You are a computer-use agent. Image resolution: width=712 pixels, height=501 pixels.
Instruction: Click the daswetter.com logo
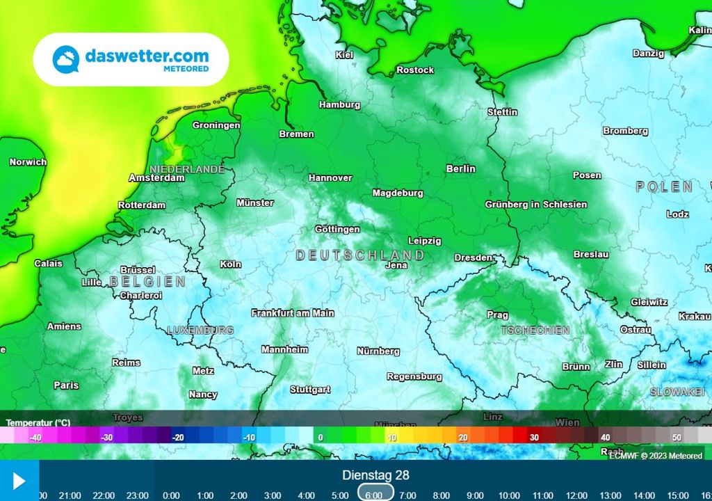click(x=131, y=59)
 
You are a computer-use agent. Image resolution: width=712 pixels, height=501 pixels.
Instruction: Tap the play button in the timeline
click(x=19, y=481)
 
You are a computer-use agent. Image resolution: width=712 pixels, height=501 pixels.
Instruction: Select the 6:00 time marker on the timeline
click(x=373, y=495)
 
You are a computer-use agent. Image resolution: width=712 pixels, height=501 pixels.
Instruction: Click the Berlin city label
click(x=460, y=168)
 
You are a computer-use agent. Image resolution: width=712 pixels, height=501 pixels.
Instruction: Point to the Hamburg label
click(x=339, y=105)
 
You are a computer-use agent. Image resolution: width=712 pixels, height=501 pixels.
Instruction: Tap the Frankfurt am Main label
click(x=293, y=313)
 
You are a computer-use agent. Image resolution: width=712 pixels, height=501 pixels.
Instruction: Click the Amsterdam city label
click(x=156, y=178)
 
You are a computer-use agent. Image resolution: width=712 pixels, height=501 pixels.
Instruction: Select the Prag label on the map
click(x=497, y=315)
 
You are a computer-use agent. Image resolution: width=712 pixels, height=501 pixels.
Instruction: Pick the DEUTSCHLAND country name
click(x=359, y=255)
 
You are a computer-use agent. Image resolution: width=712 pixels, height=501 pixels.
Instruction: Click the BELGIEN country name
click(x=147, y=282)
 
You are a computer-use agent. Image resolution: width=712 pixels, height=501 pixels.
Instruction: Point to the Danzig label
click(x=648, y=54)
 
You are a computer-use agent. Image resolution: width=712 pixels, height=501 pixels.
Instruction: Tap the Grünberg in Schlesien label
click(x=535, y=205)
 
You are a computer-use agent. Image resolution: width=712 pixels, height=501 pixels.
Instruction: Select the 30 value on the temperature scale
click(x=534, y=438)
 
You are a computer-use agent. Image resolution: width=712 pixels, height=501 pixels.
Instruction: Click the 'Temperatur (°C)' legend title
click(x=38, y=422)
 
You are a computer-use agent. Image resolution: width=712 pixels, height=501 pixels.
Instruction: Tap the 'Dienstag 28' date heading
click(x=375, y=475)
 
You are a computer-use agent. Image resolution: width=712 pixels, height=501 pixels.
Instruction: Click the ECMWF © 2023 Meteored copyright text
click(x=656, y=456)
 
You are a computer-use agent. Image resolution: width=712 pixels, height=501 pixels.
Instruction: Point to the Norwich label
click(x=28, y=162)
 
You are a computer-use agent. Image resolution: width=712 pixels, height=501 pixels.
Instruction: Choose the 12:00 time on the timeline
click(x=576, y=495)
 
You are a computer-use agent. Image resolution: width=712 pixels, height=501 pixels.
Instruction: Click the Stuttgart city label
click(x=310, y=390)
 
